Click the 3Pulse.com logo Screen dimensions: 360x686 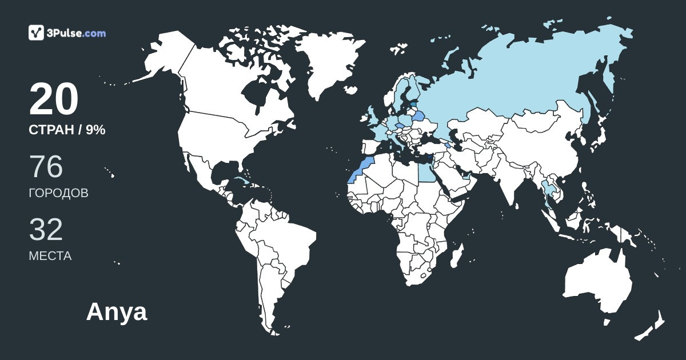(x=67, y=33)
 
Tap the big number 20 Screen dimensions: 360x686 (x=53, y=100)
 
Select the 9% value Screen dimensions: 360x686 (x=95, y=130)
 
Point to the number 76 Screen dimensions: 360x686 (x=46, y=167)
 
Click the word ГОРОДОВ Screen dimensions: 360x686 (x=58, y=193)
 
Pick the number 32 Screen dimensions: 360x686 (x=46, y=230)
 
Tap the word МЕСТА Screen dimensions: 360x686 (x=50, y=256)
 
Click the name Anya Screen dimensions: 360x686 (x=117, y=312)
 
